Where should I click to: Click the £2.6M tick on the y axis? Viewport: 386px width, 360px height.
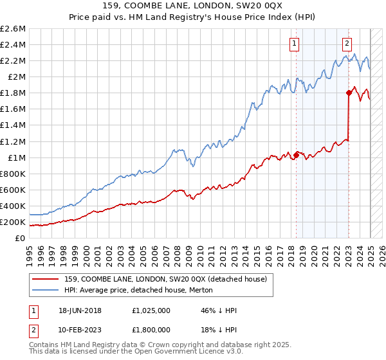coord(12,29)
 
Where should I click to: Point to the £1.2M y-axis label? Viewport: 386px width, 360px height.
coord(12,141)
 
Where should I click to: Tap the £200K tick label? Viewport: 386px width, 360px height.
coord(12,222)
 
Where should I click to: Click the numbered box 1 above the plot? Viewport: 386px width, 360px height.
coord(295,44)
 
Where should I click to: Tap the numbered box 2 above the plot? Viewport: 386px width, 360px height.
coord(347,44)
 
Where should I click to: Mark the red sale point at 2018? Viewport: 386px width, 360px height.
coord(296,154)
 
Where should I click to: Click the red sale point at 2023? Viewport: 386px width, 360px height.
coord(349,93)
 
